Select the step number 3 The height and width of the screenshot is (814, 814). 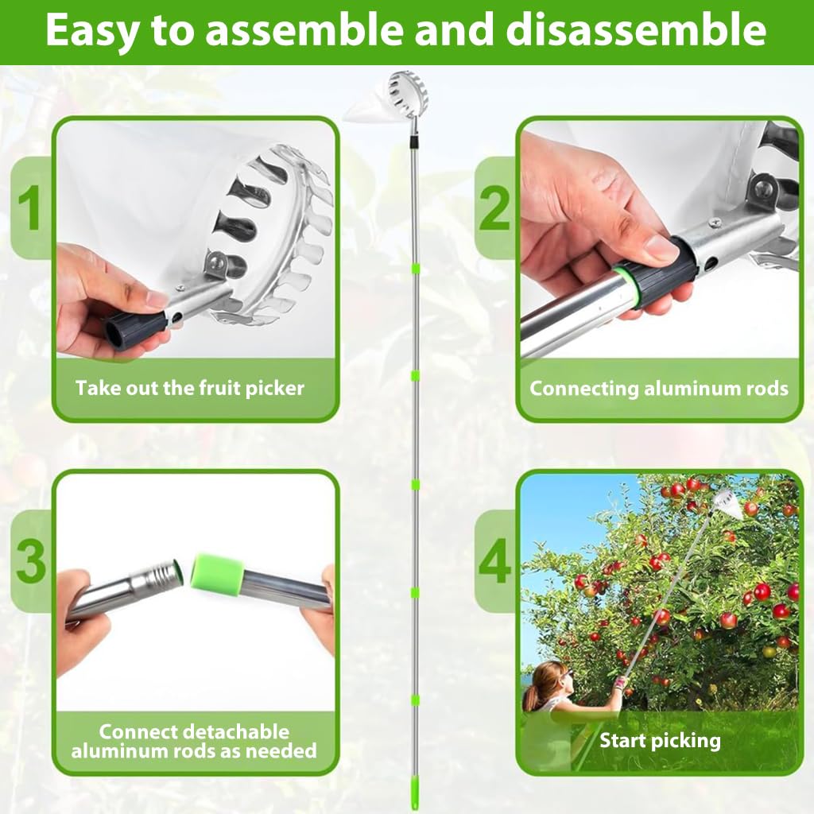click(31, 560)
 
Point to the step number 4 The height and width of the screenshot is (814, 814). click(494, 560)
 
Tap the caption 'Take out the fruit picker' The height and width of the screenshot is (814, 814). click(190, 389)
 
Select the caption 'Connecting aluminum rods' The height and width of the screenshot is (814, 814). click(659, 389)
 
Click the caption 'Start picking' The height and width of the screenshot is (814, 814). click(660, 741)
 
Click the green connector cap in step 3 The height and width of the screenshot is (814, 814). click(215, 573)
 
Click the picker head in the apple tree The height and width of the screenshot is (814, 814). click(726, 502)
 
